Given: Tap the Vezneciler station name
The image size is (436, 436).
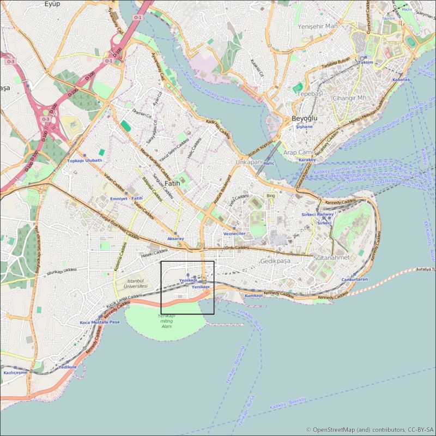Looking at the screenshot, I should point(235,233).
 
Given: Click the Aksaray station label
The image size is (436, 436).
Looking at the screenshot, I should point(175,239).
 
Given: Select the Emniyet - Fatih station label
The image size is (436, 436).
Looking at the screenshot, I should point(126,198).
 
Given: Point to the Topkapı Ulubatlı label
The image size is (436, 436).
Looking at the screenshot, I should point(84,161).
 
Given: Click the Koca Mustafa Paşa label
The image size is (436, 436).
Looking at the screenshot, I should point(99,322).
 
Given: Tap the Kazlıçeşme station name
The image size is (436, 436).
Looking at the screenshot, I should point(15,372).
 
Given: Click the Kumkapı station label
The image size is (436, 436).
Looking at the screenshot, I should point(254,295).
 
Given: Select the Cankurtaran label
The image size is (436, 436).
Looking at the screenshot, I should point(354,280).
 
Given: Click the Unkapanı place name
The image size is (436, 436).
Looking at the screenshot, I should point(249,162).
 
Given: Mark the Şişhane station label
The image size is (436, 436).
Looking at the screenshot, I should point(304,126).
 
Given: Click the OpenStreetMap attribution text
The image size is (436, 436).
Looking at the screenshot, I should point(370,429).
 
